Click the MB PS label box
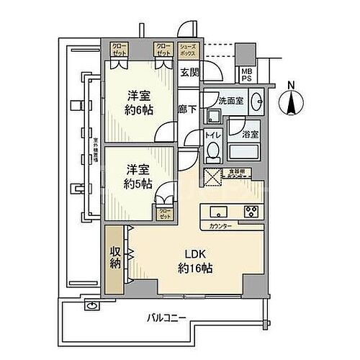(x=246, y=75)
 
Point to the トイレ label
(x=212, y=135)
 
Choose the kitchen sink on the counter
(x=218, y=212)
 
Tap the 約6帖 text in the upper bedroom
(x=138, y=112)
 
